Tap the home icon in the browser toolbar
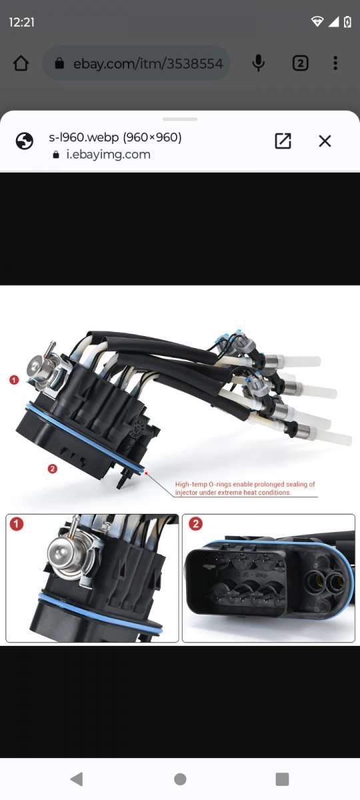click(x=21, y=63)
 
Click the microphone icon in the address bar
click(x=258, y=63)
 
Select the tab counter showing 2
click(x=300, y=63)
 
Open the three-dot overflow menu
click(x=335, y=63)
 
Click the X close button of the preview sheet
click(x=325, y=141)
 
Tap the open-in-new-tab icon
click(x=283, y=141)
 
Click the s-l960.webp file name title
click(x=115, y=137)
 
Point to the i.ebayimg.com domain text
click(x=107, y=155)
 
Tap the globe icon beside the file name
click(x=25, y=141)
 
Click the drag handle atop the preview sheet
click(x=180, y=119)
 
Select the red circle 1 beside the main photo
click(x=14, y=379)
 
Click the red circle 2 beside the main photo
click(x=53, y=469)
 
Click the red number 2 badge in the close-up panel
click(x=195, y=524)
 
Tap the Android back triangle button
click(x=77, y=779)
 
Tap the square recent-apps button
click(x=282, y=779)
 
